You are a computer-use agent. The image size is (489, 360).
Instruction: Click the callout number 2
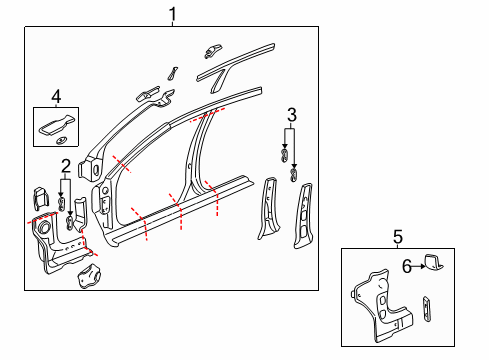[x=65, y=166]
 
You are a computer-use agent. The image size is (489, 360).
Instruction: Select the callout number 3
[x=291, y=113]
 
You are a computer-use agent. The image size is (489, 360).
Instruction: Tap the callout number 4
[x=56, y=97]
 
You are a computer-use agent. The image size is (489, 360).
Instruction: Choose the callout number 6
[x=406, y=265]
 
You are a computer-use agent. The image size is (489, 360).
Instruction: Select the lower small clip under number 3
[x=293, y=175]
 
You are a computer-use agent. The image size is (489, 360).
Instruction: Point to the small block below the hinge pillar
[x=89, y=274]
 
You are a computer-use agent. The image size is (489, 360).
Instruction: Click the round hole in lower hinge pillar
[x=45, y=232]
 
